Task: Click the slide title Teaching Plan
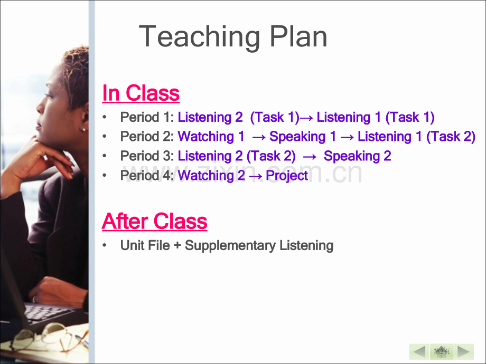(x=233, y=37)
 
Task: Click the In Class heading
(x=141, y=93)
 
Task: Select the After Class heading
(x=154, y=222)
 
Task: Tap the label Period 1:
(x=147, y=117)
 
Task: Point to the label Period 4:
(x=147, y=176)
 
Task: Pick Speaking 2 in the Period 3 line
(x=358, y=156)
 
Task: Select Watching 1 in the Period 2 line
(x=211, y=137)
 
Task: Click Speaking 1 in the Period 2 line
(x=303, y=137)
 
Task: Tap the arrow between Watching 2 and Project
(x=255, y=176)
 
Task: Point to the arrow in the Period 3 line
(x=310, y=157)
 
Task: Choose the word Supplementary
(x=230, y=246)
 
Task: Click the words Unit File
(x=145, y=245)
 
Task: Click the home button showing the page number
(x=442, y=352)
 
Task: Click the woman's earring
(x=83, y=130)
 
